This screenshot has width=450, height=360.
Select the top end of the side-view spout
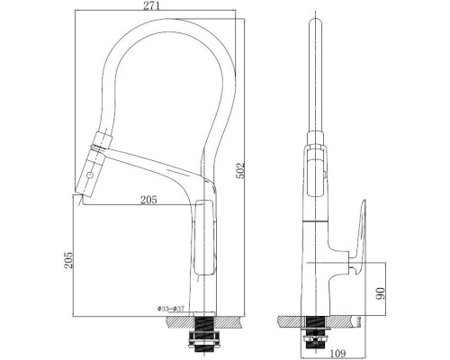(315, 22)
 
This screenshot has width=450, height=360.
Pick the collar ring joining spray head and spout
(98, 143)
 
